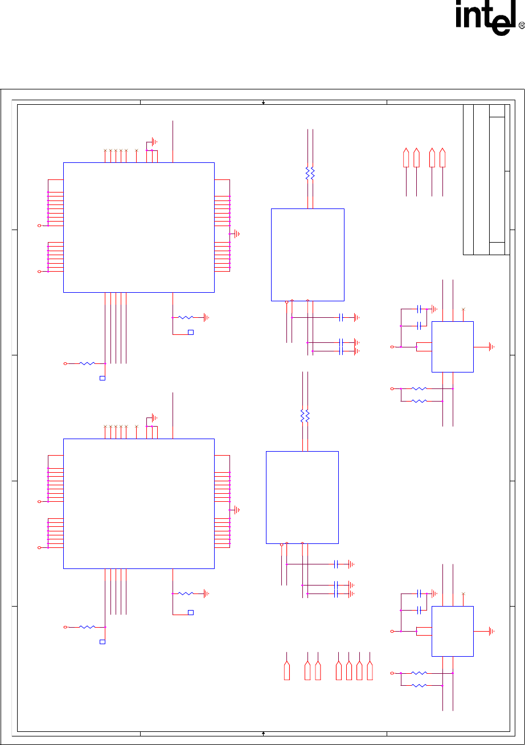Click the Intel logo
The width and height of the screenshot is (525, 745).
click(490, 18)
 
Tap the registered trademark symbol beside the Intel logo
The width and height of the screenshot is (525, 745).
click(522, 26)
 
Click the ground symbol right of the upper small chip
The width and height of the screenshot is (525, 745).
click(492, 347)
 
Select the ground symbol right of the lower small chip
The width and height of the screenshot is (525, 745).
click(492, 631)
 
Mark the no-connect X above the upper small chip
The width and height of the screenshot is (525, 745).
click(463, 309)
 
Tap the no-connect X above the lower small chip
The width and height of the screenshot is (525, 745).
click(463, 593)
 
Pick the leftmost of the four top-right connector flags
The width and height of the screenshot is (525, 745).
click(406, 158)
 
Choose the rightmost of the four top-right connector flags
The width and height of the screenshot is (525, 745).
click(442, 158)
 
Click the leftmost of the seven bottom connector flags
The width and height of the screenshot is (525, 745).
click(287, 670)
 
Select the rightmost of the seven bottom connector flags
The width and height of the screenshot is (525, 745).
click(370, 670)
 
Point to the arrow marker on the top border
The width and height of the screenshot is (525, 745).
click(263, 103)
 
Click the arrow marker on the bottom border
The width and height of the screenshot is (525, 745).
click(263, 734)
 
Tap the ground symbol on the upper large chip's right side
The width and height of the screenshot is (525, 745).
click(237, 234)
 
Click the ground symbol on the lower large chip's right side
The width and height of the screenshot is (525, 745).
click(237, 510)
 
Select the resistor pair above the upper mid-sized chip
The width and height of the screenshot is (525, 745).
click(310, 174)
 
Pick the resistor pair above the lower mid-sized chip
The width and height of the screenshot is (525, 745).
click(305, 416)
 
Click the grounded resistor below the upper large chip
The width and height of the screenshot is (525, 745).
click(186, 318)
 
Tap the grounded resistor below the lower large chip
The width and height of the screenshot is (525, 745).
click(186, 593)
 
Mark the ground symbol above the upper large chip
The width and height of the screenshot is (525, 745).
click(154, 142)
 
